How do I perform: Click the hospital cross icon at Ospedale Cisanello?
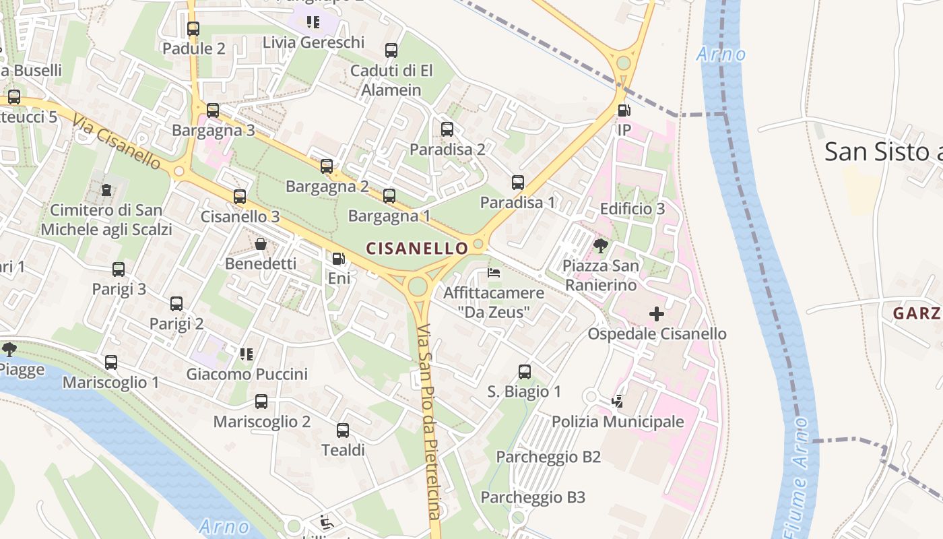tap(656, 314)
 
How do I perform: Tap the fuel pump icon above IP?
tap(624, 110)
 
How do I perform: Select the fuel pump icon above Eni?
tap(339, 258)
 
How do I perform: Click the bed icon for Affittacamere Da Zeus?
tap(494, 273)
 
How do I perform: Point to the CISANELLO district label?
tap(417, 249)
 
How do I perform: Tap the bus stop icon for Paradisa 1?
tap(517, 183)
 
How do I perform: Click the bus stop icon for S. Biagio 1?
tap(524, 372)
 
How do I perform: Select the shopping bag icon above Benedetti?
tap(261, 244)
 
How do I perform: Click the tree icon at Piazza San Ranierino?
tap(600, 246)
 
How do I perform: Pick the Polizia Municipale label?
tap(618, 422)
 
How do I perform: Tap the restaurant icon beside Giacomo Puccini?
tap(247, 354)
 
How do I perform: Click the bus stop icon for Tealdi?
tap(343, 431)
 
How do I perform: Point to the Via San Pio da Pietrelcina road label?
tap(428, 421)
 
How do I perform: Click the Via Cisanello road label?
tap(117, 142)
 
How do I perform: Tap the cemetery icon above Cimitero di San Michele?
tap(106, 191)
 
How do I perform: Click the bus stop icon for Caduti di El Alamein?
tap(391, 51)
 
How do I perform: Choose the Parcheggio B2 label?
tap(548, 457)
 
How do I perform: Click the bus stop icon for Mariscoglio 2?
tap(261, 402)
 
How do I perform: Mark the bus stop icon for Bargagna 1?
tap(389, 196)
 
